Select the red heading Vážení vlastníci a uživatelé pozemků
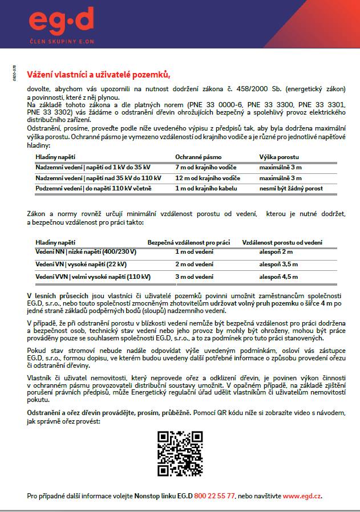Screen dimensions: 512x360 (99, 75)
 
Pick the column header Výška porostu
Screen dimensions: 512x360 (279, 157)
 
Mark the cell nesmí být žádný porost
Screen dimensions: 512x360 (290, 188)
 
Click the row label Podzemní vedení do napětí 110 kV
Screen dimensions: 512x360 (93, 188)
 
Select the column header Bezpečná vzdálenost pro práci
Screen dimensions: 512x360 (188, 242)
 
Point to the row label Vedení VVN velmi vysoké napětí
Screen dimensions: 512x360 (93, 277)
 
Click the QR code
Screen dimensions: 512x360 (180, 453)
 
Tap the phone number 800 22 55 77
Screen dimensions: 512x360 (215, 496)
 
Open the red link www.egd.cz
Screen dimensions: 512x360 (302, 496)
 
